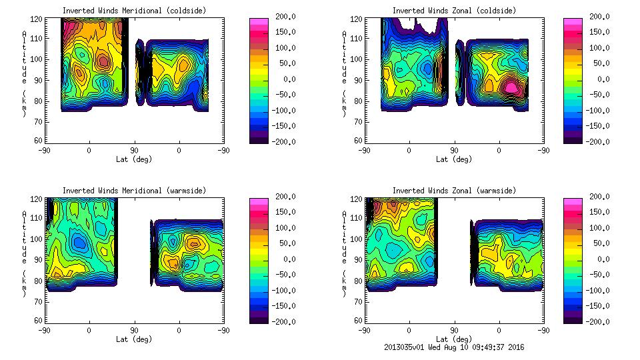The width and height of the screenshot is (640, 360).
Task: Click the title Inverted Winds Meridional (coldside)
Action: (x=134, y=11)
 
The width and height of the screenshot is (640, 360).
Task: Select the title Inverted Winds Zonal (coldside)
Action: (x=454, y=11)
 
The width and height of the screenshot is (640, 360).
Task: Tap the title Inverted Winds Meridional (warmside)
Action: (x=134, y=191)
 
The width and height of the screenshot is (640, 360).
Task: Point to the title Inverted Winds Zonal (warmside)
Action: (x=454, y=191)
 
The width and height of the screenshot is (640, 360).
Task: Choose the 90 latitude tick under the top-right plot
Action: (x=454, y=150)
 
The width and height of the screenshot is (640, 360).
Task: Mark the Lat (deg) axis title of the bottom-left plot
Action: (x=134, y=339)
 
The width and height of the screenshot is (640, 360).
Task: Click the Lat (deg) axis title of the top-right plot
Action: (x=454, y=159)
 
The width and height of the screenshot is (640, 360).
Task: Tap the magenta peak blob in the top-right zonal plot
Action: (x=511, y=87)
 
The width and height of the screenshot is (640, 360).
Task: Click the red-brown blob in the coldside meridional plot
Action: (x=103, y=62)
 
